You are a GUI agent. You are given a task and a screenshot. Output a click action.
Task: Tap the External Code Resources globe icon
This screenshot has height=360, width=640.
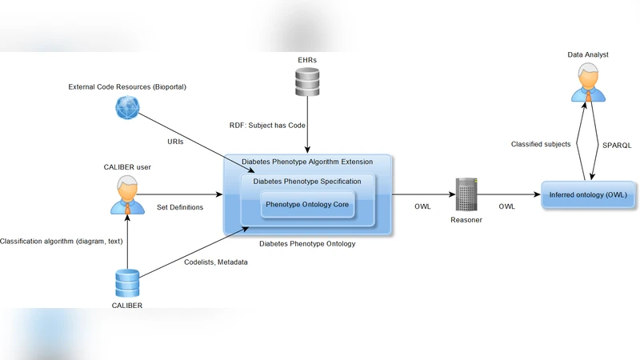click(126, 107)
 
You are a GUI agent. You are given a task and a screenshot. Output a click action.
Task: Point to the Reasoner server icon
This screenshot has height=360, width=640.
click(466, 194)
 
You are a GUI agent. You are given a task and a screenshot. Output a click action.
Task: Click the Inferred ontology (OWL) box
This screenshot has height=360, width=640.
click(589, 195)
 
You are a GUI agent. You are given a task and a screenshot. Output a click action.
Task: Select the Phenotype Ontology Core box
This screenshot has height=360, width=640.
click(307, 205)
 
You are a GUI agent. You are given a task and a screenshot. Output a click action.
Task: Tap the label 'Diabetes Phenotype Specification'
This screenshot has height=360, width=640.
click(307, 182)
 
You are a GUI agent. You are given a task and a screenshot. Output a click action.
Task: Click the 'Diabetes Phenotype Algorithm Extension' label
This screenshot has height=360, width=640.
click(307, 162)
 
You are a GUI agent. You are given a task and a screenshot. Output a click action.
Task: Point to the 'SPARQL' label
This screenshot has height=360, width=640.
click(616, 145)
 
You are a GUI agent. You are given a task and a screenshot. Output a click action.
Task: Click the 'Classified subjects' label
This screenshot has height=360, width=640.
click(542, 145)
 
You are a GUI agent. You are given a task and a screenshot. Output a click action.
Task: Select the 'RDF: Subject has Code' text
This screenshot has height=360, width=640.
click(267, 125)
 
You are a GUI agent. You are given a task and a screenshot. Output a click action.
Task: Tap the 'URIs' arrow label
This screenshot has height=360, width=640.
click(176, 141)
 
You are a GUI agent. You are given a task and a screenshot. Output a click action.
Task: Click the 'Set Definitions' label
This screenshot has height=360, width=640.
click(180, 207)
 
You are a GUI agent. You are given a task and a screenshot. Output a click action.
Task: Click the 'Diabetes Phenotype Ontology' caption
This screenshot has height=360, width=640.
click(307, 244)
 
